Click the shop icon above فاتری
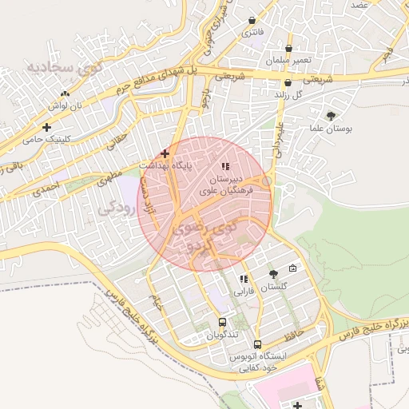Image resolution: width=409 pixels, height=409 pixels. (x=252, y=21)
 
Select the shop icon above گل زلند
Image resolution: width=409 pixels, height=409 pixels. (x=287, y=82)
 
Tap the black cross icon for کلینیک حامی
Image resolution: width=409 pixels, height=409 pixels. (x=47, y=127)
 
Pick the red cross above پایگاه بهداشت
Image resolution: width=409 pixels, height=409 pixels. (x=165, y=153)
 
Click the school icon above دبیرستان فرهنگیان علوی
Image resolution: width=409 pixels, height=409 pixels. (x=226, y=167)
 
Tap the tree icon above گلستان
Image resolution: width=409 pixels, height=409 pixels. (x=273, y=274)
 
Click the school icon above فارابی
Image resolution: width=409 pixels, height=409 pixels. (x=243, y=279)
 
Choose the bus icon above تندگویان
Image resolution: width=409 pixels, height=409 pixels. (x=221, y=323)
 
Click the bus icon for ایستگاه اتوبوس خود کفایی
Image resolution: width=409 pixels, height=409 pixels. (x=256, y=344)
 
